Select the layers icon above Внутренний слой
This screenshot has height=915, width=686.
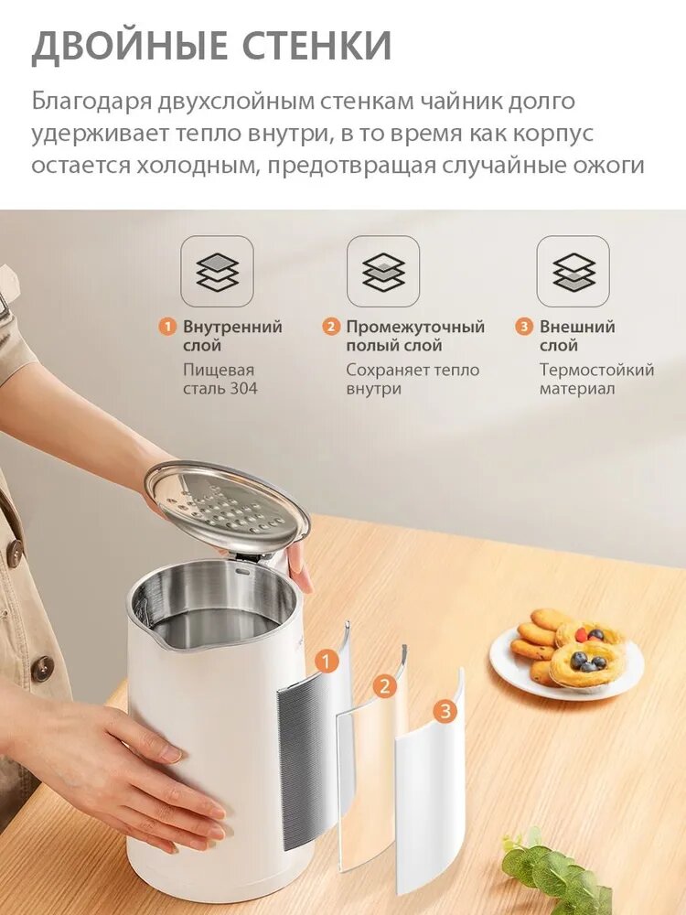217,272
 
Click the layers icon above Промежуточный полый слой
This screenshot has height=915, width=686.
383,272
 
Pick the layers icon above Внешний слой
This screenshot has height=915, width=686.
573,272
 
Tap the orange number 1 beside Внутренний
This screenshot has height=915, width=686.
168,327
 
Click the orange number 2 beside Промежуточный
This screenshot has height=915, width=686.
331,327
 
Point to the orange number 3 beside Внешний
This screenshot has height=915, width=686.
524,327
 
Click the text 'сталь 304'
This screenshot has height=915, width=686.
220,389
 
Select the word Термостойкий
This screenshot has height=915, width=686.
596,370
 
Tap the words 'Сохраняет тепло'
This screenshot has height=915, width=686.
413,370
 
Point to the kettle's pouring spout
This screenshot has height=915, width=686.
150,633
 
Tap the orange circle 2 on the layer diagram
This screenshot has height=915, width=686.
384,685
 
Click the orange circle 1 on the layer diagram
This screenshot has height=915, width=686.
327,662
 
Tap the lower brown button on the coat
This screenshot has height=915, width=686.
42,664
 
